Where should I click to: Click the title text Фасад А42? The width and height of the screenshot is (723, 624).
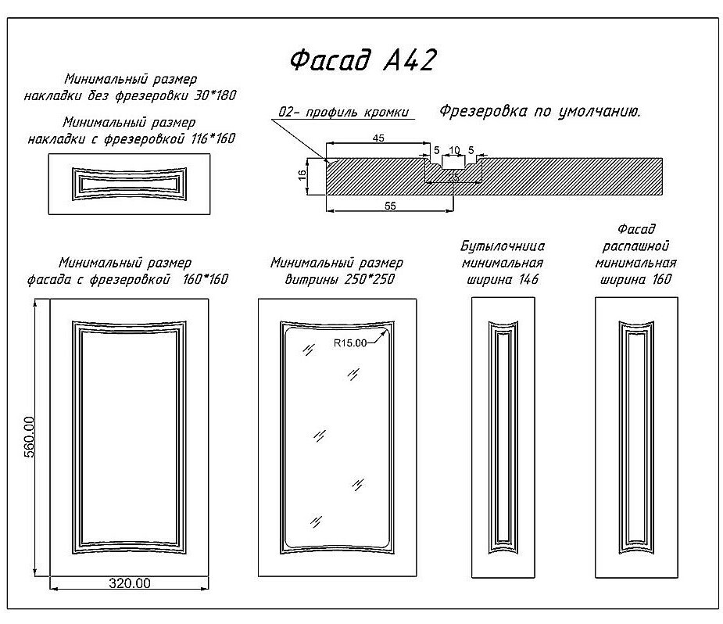(362, 60)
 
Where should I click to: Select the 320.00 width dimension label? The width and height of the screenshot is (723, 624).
(129, 583)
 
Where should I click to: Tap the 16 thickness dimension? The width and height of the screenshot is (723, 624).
(302, 175)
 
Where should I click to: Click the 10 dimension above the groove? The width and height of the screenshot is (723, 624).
(454, 149)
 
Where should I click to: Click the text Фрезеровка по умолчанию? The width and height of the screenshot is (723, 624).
(539, 111)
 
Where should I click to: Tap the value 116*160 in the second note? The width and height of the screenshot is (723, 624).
(210, 138)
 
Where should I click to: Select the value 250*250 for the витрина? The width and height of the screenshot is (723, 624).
(365, 279)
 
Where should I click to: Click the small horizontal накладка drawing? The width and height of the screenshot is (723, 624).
(129, 184)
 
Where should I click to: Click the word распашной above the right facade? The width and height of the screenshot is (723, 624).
(635, 246)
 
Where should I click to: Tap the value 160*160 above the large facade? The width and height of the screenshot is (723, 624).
(206, 279)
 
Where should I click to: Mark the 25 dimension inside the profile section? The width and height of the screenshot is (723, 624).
(454, 178)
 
